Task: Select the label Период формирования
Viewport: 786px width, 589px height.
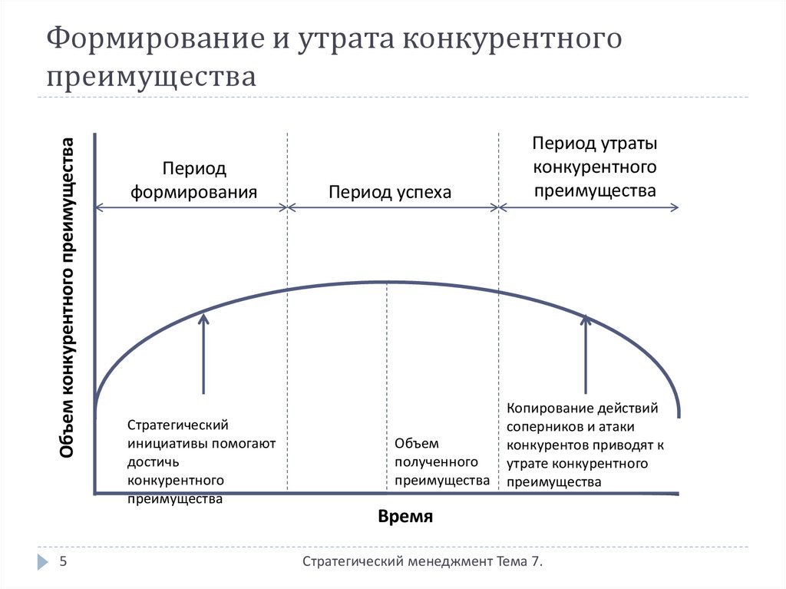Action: tap(193, 180)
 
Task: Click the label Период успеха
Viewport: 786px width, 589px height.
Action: tap(390, 191)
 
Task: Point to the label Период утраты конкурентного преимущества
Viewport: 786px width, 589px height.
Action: tap(595, 167)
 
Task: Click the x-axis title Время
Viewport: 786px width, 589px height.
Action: tap(405, 516)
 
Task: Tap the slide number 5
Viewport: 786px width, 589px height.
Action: tap(64, 562)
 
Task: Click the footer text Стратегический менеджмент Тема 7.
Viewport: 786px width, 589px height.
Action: tap(423, 562)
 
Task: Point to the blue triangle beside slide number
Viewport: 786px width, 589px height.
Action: tap(41, 562)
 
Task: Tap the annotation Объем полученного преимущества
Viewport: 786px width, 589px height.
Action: tap(441, 462)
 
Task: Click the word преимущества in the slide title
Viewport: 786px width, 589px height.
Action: tap(151, 77)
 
